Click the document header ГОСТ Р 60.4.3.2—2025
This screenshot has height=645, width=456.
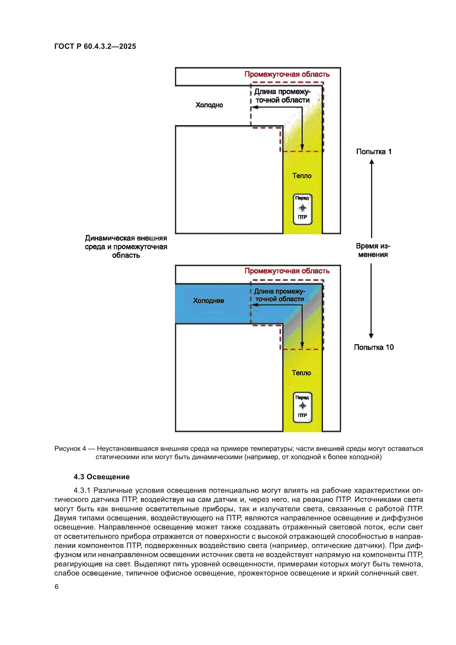(95, 46)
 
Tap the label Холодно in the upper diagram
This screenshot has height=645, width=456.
(209, 105)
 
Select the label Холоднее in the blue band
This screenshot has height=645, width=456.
(208, 301)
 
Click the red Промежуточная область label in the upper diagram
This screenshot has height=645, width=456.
(287, 74)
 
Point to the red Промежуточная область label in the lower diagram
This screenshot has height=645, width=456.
(287, 271)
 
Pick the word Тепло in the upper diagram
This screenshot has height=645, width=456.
(302, 176)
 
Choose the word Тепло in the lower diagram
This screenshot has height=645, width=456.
(301, 373)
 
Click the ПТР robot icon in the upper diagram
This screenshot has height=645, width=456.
(302, 209)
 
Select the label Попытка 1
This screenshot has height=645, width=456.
(374, 152)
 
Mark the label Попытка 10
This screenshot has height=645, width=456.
(374, 347)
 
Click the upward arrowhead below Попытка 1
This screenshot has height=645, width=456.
(372, 162)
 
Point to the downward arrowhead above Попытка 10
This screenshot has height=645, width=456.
(371, 336)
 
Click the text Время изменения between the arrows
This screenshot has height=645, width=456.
(373, 250)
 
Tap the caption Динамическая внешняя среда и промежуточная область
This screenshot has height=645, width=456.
(126, 247)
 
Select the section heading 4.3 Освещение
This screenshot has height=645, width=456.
(102, 477)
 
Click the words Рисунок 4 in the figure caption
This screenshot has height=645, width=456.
(70, 449)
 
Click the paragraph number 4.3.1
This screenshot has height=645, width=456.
(82, 490)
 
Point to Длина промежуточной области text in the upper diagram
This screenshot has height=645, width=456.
(282, 96)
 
